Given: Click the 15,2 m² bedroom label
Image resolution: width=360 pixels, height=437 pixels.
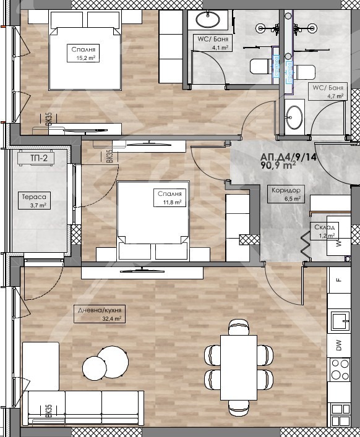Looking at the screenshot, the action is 83,53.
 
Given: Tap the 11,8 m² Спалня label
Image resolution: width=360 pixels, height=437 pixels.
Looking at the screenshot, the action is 169,198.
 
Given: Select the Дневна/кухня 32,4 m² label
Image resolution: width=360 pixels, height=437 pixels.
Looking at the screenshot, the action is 100,314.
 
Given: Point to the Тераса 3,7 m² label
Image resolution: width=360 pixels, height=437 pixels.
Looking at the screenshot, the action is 34,200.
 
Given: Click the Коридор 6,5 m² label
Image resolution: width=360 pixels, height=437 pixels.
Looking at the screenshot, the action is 286,194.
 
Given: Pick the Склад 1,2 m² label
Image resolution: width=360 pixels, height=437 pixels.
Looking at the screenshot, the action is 325,231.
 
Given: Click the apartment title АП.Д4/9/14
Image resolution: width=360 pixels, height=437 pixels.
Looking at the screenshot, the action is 289,157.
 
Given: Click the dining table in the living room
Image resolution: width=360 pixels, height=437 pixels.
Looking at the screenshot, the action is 239,368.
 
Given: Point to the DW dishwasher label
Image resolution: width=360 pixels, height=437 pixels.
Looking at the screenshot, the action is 339,346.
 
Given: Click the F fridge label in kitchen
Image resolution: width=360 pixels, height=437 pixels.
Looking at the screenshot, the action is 339,279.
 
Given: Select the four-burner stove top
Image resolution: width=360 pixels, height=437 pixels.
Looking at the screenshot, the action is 340,370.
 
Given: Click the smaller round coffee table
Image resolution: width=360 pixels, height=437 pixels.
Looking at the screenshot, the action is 95,368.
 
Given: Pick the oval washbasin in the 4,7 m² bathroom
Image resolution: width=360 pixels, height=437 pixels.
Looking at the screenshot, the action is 294,117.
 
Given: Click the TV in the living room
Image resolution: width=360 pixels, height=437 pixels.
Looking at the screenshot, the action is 142,271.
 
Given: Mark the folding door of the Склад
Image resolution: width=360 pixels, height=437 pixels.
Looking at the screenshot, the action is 306,246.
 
